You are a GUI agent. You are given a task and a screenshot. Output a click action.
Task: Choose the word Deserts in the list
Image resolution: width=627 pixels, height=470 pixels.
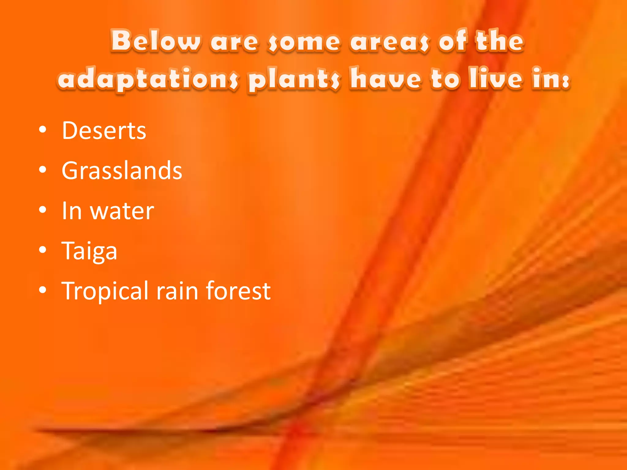104,131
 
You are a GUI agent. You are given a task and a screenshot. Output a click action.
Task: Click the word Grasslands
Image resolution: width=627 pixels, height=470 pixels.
122,170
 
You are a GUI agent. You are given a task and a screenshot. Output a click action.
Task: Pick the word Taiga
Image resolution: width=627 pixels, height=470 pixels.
89,251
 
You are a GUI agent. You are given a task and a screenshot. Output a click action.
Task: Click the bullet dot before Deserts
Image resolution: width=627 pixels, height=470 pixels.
43,130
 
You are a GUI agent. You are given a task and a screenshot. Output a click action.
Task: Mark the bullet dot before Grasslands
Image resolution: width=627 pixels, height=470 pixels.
43,170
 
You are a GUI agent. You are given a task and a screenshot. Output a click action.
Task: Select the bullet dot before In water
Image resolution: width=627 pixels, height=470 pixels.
43,210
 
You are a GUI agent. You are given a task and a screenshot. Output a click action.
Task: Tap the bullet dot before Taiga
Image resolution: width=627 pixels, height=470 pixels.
43,250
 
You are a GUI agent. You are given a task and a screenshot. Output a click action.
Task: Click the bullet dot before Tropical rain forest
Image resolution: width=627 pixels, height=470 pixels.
43,290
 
